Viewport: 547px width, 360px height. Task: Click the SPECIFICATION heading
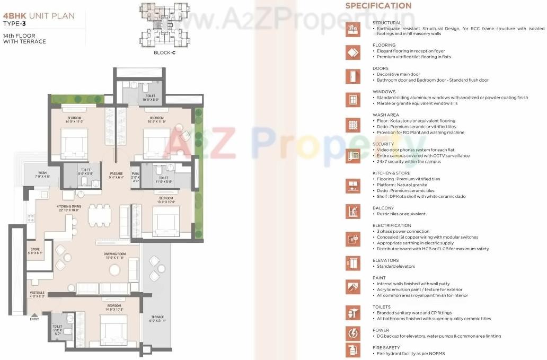coord(378,6)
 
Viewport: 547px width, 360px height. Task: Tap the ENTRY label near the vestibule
coord(35,319)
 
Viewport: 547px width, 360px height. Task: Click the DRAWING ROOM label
coord(114,256)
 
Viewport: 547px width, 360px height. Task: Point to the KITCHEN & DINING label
coord(68,207)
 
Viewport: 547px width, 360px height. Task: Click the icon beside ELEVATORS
coord(352,262)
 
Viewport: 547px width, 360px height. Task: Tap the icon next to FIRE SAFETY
coord(352,350)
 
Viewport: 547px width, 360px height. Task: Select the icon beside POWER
coord(352,333)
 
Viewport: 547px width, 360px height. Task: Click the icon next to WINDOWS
coord(352,99)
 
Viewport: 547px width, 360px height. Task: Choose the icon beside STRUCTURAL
coord(352,29)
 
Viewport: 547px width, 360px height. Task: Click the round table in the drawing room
coord(114,270)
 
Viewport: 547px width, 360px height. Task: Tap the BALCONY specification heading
coord(383,208)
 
